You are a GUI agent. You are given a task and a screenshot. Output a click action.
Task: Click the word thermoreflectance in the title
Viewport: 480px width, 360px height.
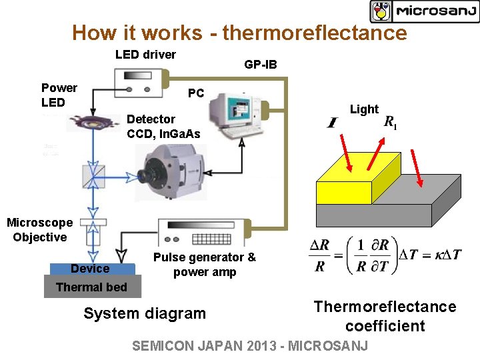315,33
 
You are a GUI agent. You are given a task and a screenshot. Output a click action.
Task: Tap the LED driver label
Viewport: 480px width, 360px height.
145,54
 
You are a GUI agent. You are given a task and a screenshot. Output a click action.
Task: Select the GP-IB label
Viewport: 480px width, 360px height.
260,65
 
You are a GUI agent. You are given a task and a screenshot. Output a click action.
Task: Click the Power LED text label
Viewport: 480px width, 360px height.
59,95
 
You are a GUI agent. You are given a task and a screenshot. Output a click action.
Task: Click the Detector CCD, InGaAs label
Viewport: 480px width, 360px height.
163,126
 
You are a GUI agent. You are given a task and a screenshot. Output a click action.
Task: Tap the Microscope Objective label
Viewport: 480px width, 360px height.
40,230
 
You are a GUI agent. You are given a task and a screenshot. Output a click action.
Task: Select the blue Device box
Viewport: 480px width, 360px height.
91,269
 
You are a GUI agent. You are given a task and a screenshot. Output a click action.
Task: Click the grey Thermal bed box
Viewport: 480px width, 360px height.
91,287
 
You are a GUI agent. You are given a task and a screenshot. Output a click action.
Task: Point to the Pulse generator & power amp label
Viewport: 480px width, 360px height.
204,265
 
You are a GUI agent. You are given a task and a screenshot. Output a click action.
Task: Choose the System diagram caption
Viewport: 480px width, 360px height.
145,313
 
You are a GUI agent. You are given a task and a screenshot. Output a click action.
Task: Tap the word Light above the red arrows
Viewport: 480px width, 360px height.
364,109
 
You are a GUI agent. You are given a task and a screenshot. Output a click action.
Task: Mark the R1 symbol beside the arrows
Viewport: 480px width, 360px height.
391,123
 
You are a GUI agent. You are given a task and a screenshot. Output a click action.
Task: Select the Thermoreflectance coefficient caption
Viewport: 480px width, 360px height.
385,316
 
